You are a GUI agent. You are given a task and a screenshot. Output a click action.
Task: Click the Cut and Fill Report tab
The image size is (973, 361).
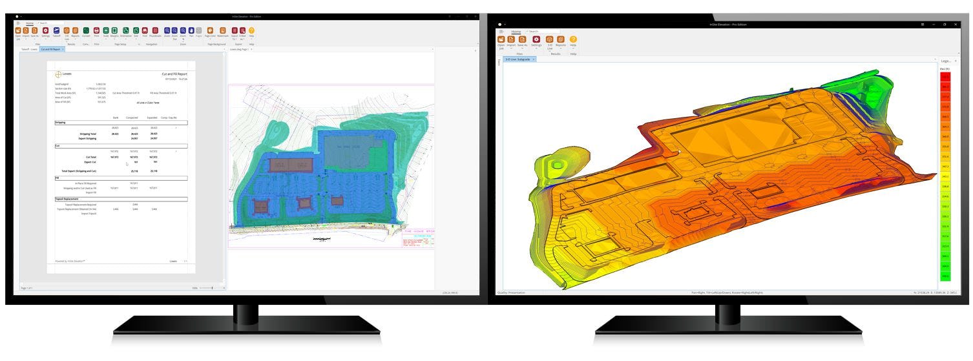[50, 49]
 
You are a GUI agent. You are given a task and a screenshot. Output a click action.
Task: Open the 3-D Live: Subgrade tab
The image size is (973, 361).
[518, 59]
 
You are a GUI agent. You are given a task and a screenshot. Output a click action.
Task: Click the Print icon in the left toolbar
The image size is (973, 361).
[96, 30]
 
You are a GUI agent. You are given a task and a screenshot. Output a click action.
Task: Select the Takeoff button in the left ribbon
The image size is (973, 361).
[57, 30]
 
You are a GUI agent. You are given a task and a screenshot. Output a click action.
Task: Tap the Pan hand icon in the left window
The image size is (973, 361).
[191, 30]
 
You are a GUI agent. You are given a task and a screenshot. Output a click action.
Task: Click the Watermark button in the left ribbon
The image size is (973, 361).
[223, 30]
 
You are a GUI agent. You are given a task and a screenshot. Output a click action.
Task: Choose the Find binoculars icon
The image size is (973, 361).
[145, 30]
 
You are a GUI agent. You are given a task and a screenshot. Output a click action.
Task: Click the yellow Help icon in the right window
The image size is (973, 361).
[573, 40]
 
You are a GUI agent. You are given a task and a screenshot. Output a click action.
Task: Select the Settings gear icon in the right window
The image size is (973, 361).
[536, 40]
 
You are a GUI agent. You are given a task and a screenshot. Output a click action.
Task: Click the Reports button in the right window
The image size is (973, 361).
[561, 40]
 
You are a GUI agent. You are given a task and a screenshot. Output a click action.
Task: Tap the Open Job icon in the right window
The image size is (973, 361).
[501, 40]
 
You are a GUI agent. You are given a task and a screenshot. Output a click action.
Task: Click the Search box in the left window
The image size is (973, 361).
[52, 23]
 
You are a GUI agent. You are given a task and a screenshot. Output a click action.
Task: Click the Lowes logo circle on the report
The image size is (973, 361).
[59, 74]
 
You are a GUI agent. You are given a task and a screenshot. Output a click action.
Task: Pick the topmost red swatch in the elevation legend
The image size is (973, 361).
[945, 76]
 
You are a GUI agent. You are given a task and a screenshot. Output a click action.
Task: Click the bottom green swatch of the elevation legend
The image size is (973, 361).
[945, 276]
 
